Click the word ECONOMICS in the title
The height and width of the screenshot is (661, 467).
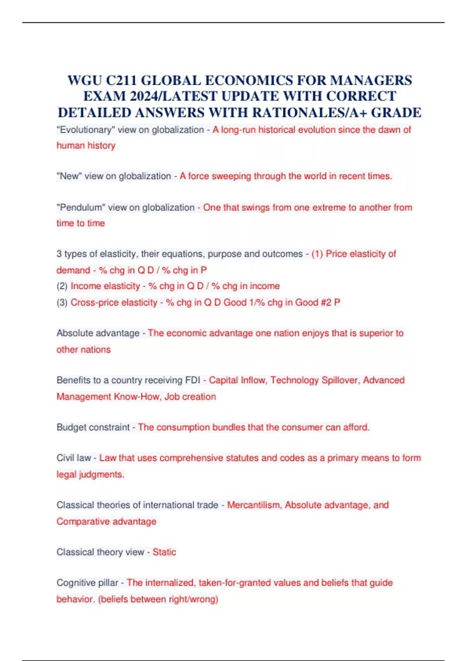click(x=249, y=80)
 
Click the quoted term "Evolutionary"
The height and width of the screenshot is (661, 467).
click(x=86, y=130)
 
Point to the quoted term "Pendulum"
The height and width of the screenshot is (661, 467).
click(x=81, y=208)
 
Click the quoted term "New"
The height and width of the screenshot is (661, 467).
click(x=69, y=176)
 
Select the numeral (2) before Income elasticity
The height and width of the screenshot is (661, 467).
click(x=62, y=286)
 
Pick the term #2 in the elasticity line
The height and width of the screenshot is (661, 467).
click(x=326, y=303)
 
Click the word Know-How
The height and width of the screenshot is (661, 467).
click(x=137, y=397)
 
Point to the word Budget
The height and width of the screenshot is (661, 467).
click(x=72, y=427)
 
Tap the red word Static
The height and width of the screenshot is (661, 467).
click(x=164, y=552)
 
